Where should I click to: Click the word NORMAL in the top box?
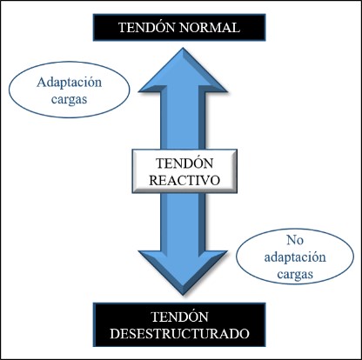point(210,28)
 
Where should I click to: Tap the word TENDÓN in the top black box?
point(147,27)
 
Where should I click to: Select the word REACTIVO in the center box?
point(184,180)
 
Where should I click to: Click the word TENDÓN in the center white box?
point(184,163)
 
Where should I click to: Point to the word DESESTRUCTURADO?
point(179,334)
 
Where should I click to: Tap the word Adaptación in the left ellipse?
point(69,83)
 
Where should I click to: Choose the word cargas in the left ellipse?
point(69,100)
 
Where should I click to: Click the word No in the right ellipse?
point(295,240)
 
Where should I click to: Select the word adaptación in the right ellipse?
point(295,257)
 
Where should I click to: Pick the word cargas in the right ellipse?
point(295,275)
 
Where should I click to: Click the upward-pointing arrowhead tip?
point(183,48)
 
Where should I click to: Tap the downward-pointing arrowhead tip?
point(183,295)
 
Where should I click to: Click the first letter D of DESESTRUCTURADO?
point(114,334)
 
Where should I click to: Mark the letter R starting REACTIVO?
point(154,180)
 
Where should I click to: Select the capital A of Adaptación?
point(42,83)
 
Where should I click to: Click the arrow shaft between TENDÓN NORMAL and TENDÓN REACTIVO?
point(183,121)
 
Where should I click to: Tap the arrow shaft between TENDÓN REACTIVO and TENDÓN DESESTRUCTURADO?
point(183,222)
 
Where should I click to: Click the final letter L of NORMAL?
point(236,28)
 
